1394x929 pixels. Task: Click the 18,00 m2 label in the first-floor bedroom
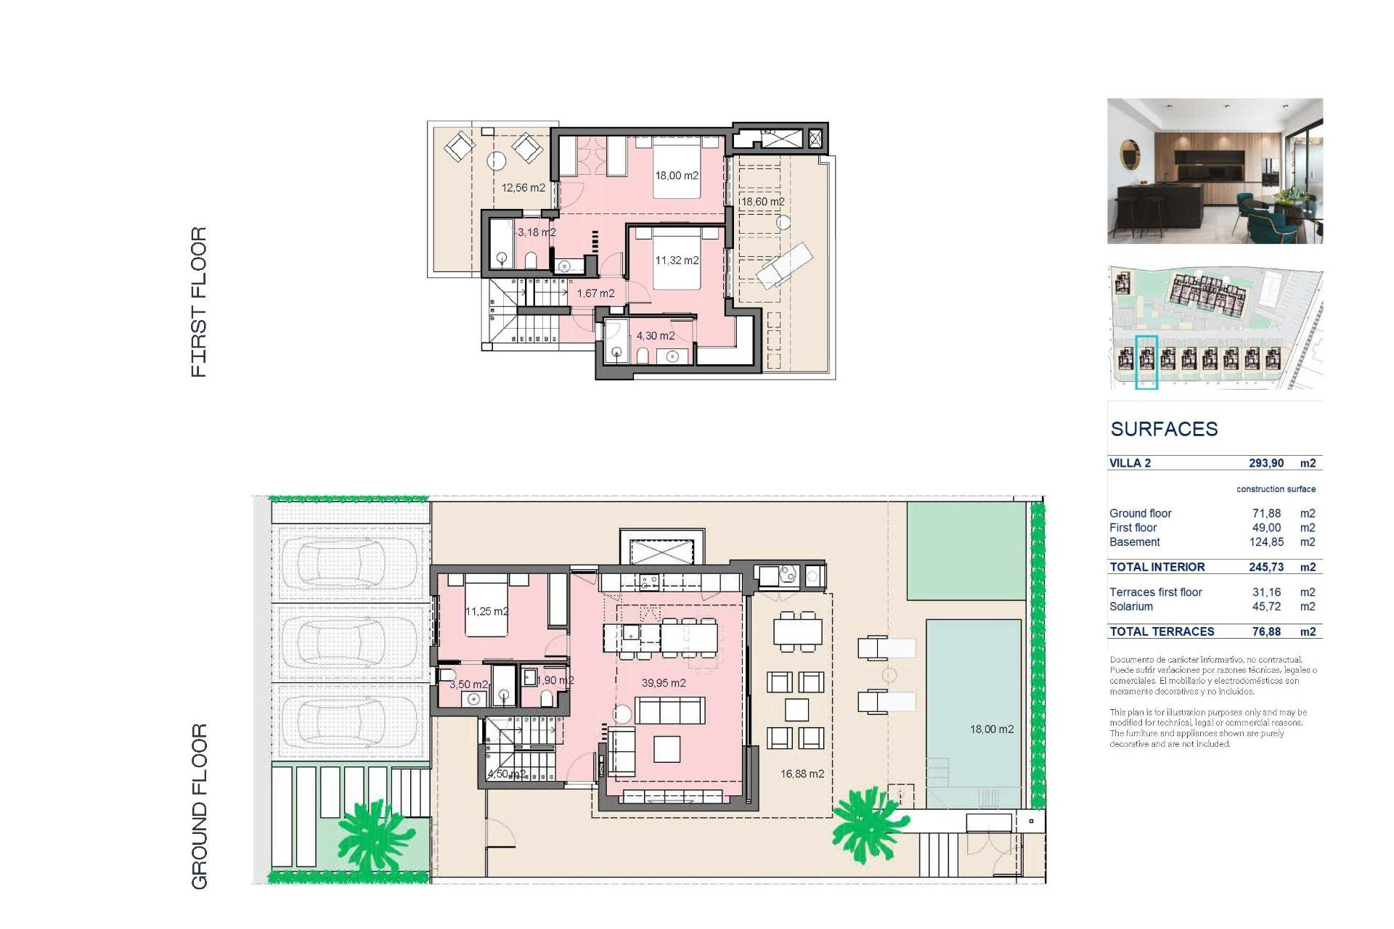[x=676, y=176]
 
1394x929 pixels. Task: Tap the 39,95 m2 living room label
[x=663, y=683]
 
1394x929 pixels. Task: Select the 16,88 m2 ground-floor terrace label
[x=802, y=774]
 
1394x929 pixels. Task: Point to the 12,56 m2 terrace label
[x=523, y=188]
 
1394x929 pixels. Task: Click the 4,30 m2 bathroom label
[x=655, y=336]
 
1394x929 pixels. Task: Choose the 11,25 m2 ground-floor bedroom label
[x=486, y=612]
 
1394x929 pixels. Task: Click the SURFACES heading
[x=1164, y=429]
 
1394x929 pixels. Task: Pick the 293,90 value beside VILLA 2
[x=1265, y=463]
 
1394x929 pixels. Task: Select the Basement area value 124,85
[x=1265, y=542]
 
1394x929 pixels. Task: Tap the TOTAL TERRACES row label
[x=1162, y=631]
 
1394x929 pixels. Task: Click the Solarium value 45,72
[x=1265, y=607]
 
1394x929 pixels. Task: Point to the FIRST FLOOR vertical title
[x=199, y=302]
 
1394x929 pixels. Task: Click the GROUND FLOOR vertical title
[x=199, y=806]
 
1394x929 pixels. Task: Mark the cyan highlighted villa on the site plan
[x=1146, y=362]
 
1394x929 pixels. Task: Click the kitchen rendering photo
[x=1215, y=171]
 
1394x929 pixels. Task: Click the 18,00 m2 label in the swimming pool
[x=991, y=729]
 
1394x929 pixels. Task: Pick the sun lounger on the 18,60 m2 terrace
[x=784, y=265]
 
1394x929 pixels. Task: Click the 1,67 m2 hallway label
[x=595, y=294]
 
